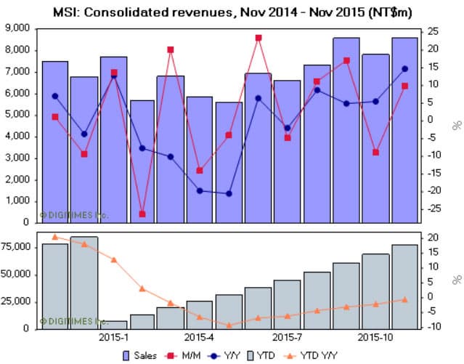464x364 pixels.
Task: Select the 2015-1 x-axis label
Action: pos(114,338)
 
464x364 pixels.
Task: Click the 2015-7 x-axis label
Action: pos(286,338)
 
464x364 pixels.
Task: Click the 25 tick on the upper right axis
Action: pos(434,31)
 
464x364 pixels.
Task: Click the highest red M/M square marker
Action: pos(259,38)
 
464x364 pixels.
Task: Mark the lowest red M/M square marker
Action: pos(142,214)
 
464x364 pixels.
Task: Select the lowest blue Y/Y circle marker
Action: pos(229,194)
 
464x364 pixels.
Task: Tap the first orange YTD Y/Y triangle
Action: pos(55,236)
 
